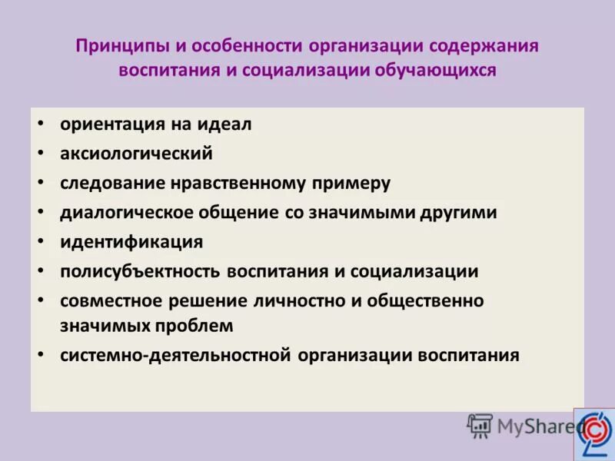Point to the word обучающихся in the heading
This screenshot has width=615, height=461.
pyautogui.click(x=435, y=70)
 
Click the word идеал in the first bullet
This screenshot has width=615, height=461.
pyautogui.click(x=228, y=124)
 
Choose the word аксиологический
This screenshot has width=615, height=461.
pyautogui.click(x=136, y=153)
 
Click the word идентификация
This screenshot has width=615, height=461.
pyautogui.click(x=131, y=242)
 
